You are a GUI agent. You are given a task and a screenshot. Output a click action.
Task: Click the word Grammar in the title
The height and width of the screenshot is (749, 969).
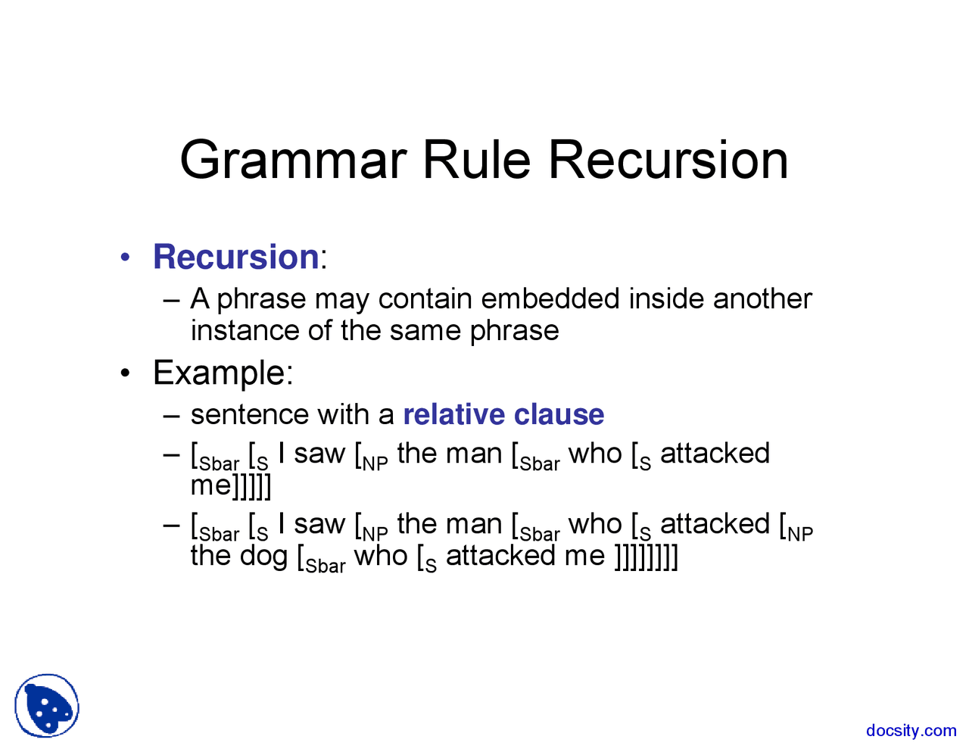point(293,161)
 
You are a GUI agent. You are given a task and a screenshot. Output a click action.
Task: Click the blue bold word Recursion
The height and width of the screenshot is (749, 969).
point(235,257)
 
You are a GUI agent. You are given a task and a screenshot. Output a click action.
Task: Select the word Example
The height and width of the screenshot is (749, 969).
point(220,373)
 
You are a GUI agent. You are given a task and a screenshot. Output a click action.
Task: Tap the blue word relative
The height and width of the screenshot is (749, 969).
point(453,415)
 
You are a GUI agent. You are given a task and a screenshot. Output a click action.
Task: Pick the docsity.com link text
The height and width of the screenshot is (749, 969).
point(911,731)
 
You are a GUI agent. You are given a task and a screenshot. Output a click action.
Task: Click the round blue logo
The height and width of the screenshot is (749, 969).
point(47,706)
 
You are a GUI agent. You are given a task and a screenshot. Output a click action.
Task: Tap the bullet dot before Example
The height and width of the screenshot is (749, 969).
point(126,374)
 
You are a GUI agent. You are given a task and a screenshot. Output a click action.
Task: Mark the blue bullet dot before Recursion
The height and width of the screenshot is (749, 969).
point(126,258)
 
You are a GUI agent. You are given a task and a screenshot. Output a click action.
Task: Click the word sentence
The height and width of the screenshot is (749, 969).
point(250,415)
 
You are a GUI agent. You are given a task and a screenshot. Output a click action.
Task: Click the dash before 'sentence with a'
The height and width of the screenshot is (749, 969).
point(172,415)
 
